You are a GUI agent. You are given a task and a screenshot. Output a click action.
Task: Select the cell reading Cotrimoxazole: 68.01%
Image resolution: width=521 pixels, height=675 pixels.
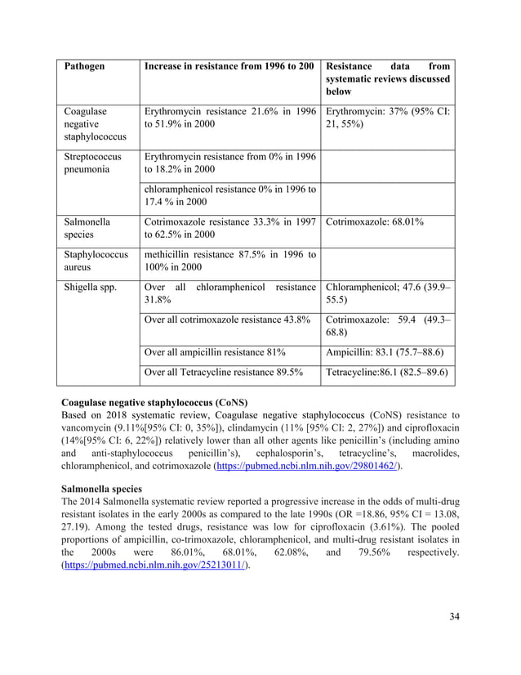pyautogui.click(x=375, y=221)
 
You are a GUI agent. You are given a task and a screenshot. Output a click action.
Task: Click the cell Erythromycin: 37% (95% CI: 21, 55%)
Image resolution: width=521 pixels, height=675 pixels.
pyautogui.click(x=389, y=118)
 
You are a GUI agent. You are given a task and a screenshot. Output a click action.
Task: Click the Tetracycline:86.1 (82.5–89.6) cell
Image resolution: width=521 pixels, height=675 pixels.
pyautogui.click(x=386, y=373)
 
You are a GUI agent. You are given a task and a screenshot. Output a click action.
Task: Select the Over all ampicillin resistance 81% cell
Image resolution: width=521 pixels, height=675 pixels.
pyautogui.click(x=214, y=352)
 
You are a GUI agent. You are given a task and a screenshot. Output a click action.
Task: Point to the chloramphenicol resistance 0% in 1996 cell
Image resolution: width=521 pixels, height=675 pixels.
pyautogui.click(x=229, y=195)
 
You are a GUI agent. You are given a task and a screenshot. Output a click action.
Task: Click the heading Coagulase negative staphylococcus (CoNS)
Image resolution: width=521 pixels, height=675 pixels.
pyautogui.click(x=154, y=403)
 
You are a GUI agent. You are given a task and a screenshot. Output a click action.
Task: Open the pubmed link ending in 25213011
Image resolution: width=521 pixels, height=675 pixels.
pyautogui.click(x=156, y=588)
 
